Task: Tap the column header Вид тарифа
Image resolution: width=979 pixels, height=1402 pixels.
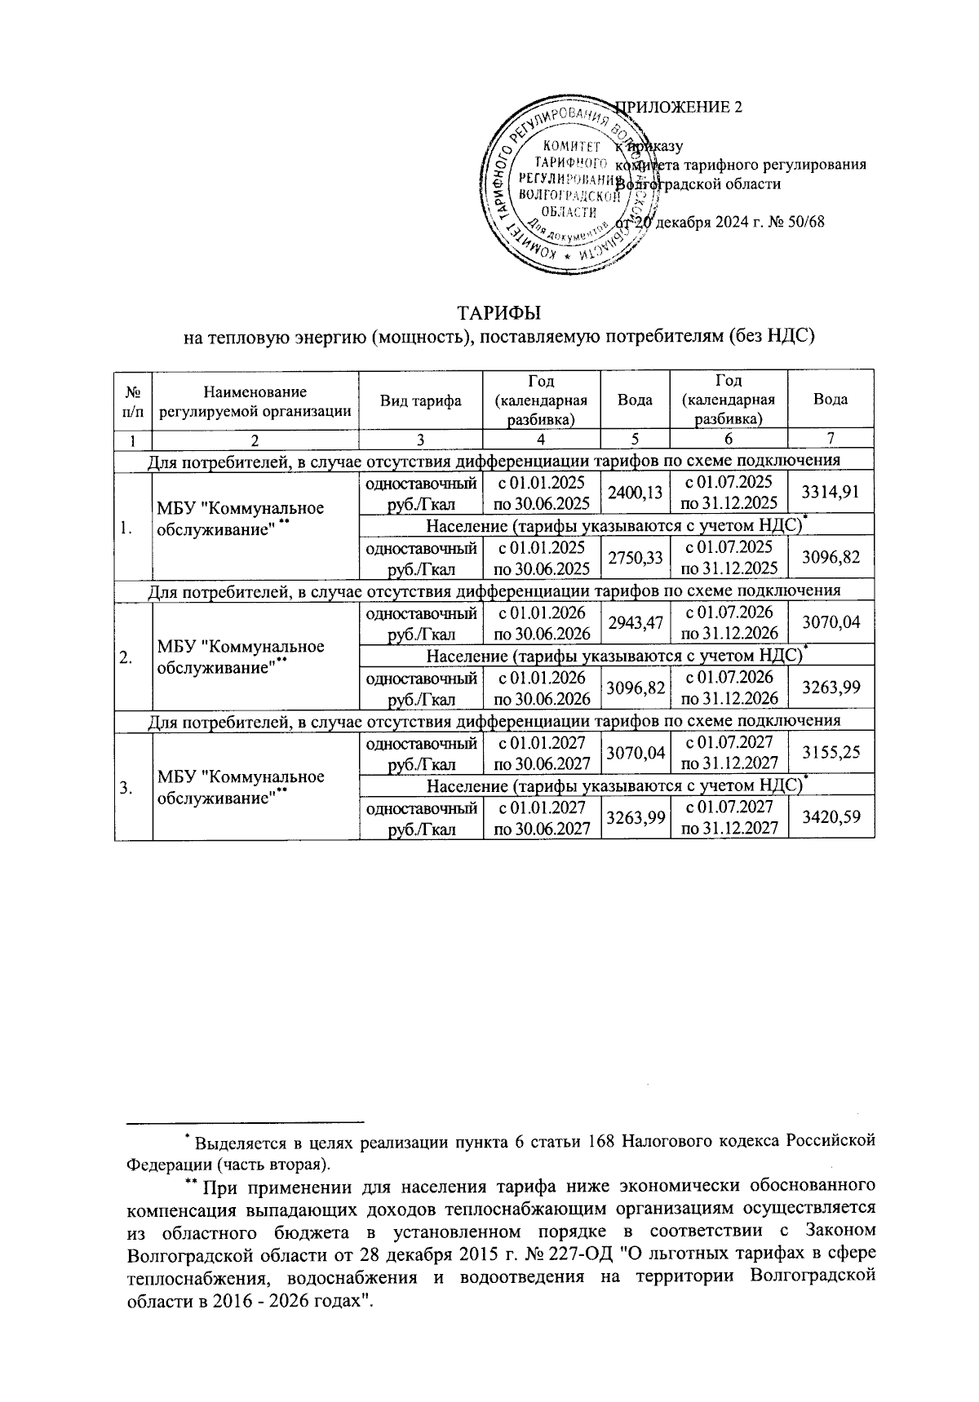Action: [x=420, y=400]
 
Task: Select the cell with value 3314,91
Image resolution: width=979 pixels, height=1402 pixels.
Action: [x=831, y=491]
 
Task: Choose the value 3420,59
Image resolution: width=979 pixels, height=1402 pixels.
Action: [x=831, y=817]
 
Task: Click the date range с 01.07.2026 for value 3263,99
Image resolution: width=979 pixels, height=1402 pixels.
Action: [x=729, y=688]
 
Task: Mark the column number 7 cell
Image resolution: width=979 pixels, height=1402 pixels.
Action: [x=830, y=439]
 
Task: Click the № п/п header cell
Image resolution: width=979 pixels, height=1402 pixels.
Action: [x=133, y=400]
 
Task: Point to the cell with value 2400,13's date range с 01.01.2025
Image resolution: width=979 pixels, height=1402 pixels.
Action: [x=542, y=491]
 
